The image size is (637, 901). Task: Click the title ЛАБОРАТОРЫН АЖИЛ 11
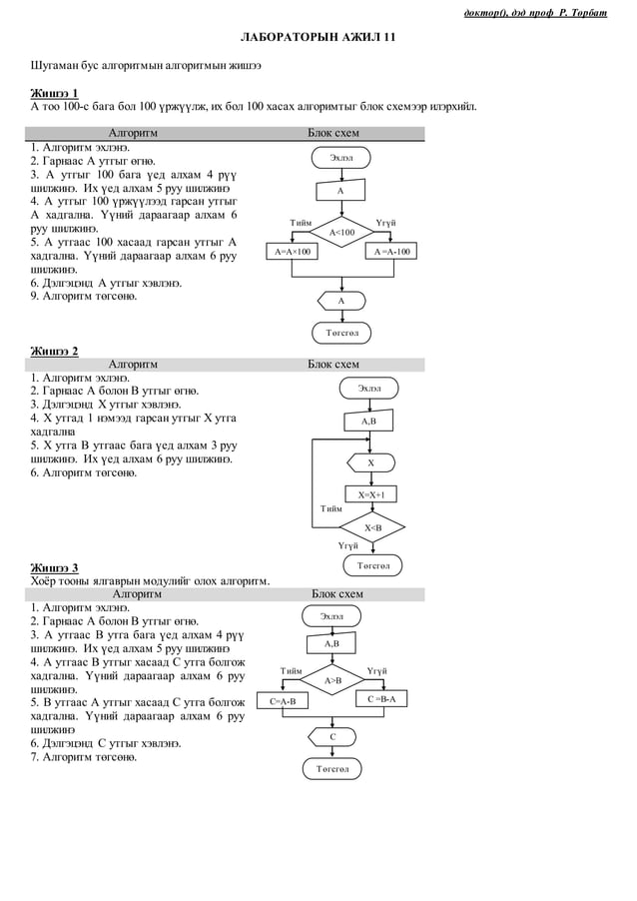[318, 37]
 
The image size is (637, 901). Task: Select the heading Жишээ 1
[54, 93]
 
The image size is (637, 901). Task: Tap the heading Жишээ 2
[54, 351]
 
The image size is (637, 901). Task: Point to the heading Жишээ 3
[54, 567]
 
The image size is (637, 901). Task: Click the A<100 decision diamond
[341, 232]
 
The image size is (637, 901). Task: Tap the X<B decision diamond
[372, 527]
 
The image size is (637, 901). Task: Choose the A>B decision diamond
[332, 680]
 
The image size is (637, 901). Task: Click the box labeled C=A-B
[284, 701]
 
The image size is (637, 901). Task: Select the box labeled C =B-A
[380, 699]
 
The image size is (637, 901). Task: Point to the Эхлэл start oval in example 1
[341, 158]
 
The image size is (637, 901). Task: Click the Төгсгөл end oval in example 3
[332, 769]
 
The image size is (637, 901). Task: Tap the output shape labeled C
[332, 737]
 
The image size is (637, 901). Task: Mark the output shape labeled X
[370, 462]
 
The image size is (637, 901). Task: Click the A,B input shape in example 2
[367, 422]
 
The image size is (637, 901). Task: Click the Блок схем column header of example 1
[333, 133]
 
